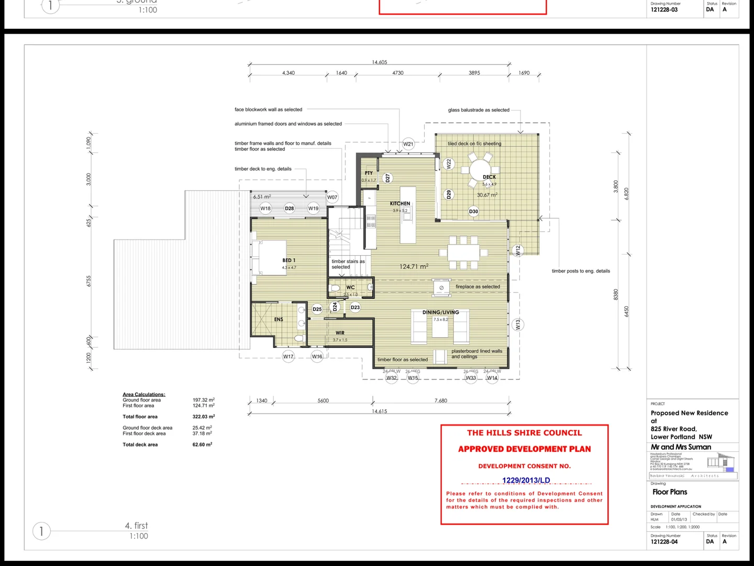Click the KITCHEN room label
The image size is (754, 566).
coord(400,203)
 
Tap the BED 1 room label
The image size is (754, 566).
coord(289,260)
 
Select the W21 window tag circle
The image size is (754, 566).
coord(408,144)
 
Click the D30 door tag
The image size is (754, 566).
coord(473,212)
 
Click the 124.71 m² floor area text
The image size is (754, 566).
coord(414,267)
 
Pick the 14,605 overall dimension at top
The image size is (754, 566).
coord(380,62)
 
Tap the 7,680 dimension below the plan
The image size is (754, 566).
coord(441,401)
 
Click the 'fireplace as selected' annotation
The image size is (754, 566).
coord(478,287)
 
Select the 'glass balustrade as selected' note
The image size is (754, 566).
coord(479,110)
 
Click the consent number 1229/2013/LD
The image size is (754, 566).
coord(526,480)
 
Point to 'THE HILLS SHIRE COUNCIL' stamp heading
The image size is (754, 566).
coord(524,433)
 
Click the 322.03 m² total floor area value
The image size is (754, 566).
coord(204,417)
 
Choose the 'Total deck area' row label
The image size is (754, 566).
coord(140,445)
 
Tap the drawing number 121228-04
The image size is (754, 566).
coord(664,542)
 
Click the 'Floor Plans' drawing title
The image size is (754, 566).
coord(670,492)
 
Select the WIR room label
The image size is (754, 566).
coord(340,333)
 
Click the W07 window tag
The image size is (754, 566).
coord(332,198)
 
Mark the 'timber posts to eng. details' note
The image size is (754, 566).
coord(581,271)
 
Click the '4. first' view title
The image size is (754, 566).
coord(136,526)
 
